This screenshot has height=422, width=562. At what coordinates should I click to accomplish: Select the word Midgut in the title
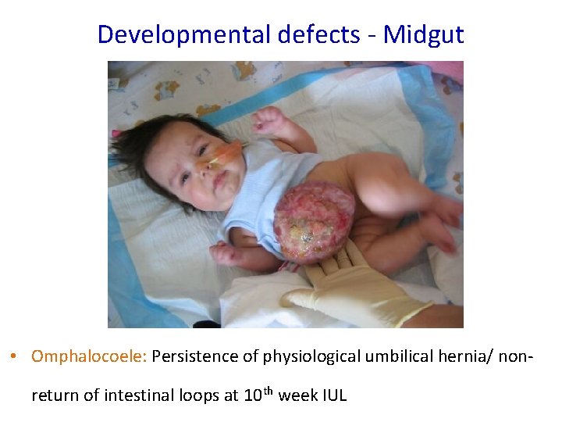423,34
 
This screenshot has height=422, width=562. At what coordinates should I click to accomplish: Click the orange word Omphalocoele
89,356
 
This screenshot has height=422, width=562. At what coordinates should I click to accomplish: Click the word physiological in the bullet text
301,356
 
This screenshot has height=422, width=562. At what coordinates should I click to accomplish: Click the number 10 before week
252,395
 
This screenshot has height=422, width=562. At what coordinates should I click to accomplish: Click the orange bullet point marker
15,357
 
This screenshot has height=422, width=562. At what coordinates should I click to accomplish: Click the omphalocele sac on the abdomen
313,222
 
